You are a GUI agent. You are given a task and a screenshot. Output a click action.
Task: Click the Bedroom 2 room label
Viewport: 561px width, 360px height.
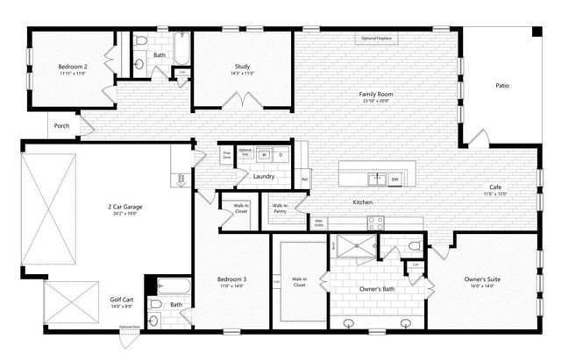[x=71, y=67]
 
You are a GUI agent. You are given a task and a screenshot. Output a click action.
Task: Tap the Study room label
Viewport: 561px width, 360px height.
[x=242, y=67]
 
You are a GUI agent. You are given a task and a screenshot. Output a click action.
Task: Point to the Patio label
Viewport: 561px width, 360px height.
[x=502, y=86]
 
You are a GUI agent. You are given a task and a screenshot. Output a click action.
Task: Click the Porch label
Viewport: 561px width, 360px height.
[x=61, y=125]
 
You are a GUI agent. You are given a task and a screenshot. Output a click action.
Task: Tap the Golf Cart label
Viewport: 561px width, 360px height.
[x=122, y=300]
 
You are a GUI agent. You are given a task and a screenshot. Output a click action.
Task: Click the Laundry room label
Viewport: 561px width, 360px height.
[x=264, y=176]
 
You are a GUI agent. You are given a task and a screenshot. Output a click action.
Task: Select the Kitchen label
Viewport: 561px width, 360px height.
[x=363, y=202]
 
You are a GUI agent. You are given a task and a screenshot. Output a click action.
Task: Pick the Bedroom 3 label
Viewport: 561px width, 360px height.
[x=231, y=280]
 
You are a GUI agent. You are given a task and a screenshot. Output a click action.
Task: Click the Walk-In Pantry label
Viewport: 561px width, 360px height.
[x=280, y=209]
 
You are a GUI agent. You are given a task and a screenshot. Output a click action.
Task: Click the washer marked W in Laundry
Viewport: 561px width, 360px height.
[x=264, y=155]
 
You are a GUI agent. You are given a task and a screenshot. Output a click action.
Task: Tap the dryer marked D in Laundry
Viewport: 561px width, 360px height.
[x=280, y=155]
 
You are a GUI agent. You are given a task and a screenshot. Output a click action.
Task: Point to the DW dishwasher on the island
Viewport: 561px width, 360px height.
[x=395, y=180]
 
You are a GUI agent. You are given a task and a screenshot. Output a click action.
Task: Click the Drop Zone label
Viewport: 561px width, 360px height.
[x=226, y=154]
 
